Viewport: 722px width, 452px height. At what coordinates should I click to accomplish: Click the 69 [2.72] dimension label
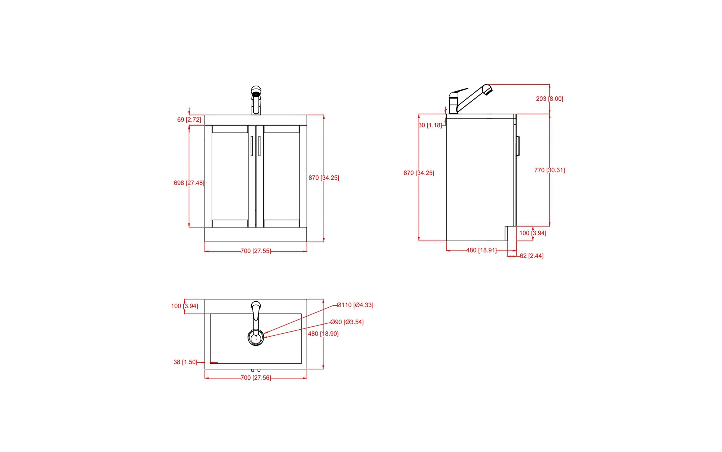(189, 120)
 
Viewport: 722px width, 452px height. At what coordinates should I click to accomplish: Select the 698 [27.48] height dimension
(189, 183)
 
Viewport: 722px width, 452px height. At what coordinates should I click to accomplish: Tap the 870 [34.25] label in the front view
(324, 178)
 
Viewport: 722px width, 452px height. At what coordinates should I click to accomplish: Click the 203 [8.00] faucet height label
(549, 98)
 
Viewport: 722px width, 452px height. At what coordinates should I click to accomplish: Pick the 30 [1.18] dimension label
(430, 125)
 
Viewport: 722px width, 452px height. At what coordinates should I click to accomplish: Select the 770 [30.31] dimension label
(549, 170)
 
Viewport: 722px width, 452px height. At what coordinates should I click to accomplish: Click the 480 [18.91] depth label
(481, 250)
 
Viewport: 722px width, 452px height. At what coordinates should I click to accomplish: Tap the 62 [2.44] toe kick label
(532, 256)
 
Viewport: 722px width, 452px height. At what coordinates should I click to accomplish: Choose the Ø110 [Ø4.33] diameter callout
(355, 305)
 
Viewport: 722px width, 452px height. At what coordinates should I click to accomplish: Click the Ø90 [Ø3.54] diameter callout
(347, 322)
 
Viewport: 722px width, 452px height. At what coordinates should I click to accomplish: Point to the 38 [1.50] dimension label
(185, 362)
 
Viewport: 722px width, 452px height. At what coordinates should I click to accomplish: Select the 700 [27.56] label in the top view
(256, 378)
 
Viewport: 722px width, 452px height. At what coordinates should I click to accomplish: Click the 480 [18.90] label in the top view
(323, 334)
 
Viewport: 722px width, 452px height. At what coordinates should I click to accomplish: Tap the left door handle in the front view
(252, 146)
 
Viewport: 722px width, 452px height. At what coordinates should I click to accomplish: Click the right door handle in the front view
(259, 146)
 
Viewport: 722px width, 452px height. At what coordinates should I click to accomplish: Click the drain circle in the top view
(256, 337)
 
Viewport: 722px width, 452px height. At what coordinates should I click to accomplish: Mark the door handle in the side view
(518, 145)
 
